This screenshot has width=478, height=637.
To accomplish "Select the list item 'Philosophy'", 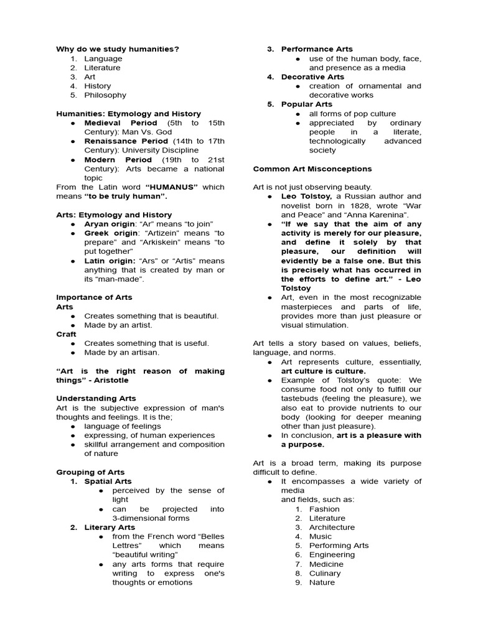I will pyautogui.click(x=105, y=95).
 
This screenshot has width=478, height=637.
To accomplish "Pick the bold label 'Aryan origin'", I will pyautogui.click(x=109, y=224).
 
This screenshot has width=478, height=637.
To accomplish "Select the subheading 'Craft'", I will pyautogui.click(x=66, y=334).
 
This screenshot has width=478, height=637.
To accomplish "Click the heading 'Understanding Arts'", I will pyautogui.click(x=96, y=398).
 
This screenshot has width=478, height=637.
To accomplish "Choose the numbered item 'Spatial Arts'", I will pyautogui.click(x=108, y=481).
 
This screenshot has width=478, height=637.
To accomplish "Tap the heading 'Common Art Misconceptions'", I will pyautogui.click(x=312, y=169).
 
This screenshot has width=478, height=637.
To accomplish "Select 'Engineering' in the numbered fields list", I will pyautogui.click(x=331, y=555).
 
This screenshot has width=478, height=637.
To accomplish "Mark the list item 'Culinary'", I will pyautogui.click(x=325, y=574).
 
